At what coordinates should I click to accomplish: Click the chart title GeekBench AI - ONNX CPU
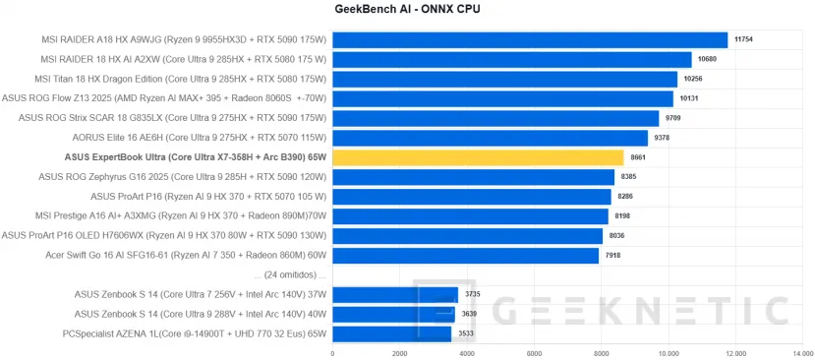407,9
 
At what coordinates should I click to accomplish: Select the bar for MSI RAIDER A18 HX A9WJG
530,40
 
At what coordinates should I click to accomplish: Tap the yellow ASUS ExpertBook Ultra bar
478,157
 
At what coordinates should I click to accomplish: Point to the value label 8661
643,157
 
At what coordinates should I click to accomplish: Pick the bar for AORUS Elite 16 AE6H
490,138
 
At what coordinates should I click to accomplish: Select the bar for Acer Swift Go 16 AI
465,256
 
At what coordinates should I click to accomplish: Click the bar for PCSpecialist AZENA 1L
391,333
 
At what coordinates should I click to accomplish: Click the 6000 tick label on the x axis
534,353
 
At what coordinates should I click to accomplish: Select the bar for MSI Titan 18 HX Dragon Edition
504,80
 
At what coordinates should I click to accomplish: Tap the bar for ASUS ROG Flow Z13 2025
502,99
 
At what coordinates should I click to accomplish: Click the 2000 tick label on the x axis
399,353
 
